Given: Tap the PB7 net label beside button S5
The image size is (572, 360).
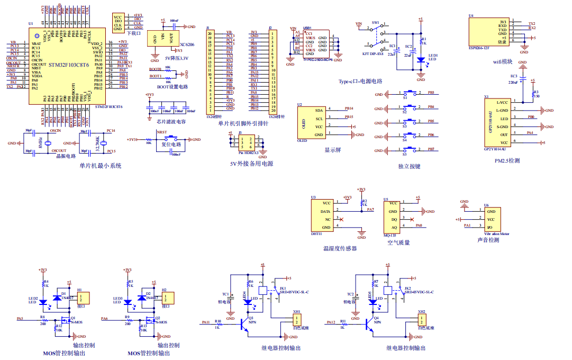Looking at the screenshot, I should coord(431,149).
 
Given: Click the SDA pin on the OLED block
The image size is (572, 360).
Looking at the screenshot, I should coord(319,110).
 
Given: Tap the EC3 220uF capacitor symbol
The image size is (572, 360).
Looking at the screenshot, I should coord(523,77).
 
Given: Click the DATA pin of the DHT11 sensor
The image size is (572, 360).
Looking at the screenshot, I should coord(325,211).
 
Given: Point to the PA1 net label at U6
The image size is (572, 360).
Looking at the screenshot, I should coord(467,226).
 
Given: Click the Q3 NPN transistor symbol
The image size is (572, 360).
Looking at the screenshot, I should coord(245,323).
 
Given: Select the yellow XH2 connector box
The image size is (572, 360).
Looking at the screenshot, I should coord(421,320).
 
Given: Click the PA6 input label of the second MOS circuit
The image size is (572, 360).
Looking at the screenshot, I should coord(104,319).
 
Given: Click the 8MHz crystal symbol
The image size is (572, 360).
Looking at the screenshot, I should coord(48,143).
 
